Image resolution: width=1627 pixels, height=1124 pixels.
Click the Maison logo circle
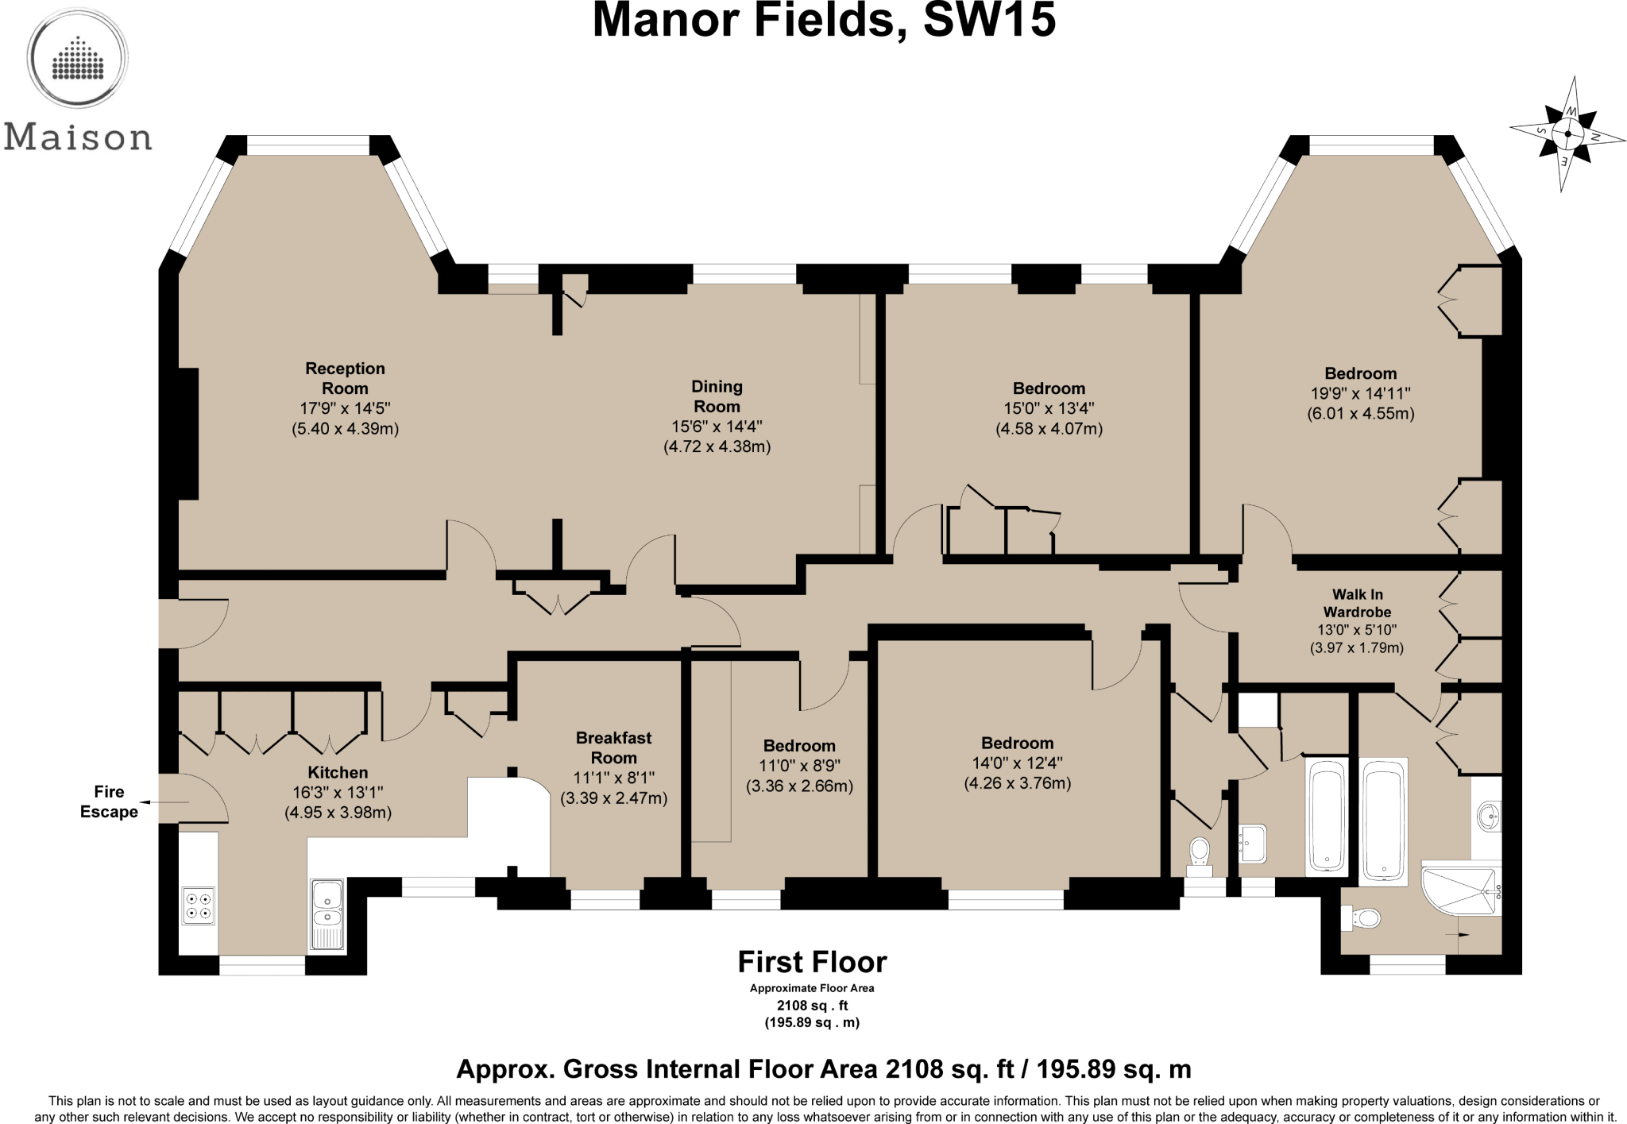(x=78, y=58)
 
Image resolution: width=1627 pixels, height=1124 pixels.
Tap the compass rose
(x=1567, y=134)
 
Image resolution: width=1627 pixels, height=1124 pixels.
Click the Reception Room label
(x=345, y=379)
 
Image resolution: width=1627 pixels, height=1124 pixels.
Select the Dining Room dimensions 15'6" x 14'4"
(x=717, y=427)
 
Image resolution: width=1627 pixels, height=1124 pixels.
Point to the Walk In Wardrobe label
(x=1357, y=603)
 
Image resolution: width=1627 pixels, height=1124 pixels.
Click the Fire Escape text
(x=109, y=801)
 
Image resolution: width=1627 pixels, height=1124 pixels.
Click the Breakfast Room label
(x=613, y=747)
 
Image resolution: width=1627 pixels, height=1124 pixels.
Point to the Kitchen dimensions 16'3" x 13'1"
(x=338, y=793)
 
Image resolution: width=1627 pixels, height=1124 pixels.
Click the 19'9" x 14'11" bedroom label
(x=1360, y=373)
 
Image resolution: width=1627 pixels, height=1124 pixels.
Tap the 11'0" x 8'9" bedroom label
(x=799, y=746)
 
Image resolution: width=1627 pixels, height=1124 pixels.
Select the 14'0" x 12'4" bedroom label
(x=1017, y=744)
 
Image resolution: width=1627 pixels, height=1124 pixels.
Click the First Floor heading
(x=812, y=962)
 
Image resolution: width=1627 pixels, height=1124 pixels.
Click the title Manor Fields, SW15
(x=824, y=21)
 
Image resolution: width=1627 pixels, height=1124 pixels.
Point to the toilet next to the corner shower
(x=1363, y=919)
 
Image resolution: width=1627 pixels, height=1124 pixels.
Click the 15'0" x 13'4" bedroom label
(x=1049, y=388)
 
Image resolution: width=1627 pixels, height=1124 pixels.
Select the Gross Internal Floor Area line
(x=823, y=1069)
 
